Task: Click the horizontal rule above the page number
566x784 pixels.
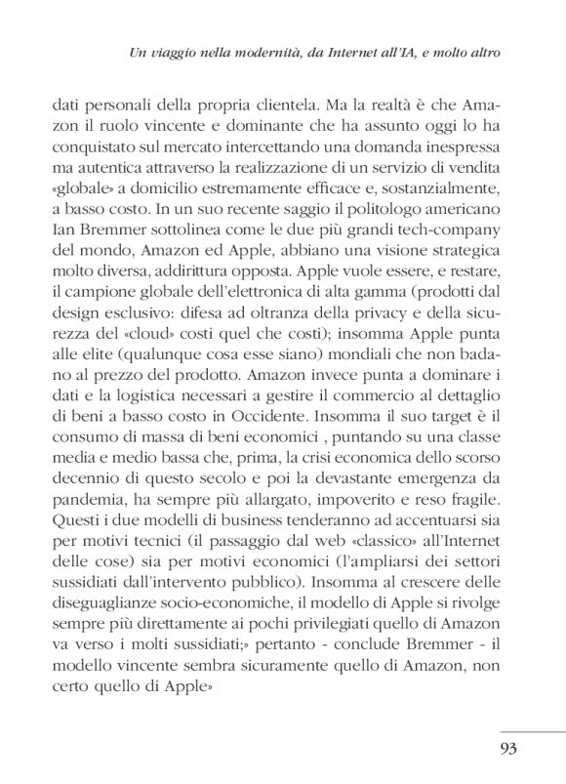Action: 532,728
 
